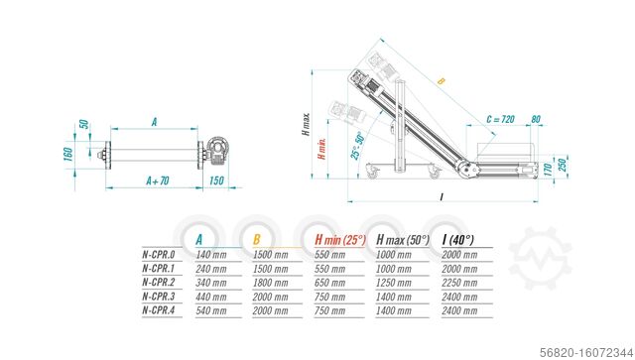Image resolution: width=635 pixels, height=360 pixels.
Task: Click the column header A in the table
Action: pos(199,238)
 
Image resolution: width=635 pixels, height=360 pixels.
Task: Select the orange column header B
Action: pos(256,238)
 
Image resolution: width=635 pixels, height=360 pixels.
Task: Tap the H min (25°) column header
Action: pos(340,238)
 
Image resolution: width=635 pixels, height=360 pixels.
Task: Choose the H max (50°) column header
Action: pos(404,238)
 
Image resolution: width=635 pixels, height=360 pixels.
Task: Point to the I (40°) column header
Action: pos(458,238)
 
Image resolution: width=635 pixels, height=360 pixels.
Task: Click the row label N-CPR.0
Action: pos(160,254)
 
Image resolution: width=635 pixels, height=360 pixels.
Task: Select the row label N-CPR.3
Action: pos(160,296)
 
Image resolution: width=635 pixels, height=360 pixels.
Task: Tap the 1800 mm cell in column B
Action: pos(270,282)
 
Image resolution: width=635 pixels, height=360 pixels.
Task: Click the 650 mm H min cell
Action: pos(330,282)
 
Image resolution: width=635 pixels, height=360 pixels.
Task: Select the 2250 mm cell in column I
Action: pos(458,282)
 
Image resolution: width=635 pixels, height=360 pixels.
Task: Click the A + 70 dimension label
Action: pos(158,181)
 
